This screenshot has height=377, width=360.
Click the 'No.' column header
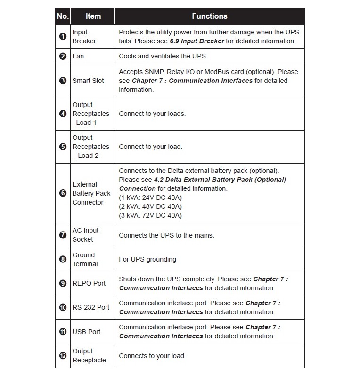tap(63, 16)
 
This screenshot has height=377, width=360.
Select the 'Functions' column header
tap(209, 16)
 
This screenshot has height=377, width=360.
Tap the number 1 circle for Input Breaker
tap(63, 37)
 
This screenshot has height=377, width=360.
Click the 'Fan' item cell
tap(78, 56)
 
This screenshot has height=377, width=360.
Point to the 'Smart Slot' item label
tap(88, 81)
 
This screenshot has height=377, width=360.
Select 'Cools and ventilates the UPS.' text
tap(163, 56)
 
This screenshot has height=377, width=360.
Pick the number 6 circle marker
tap(63, 193)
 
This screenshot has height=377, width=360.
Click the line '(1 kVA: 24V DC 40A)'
tap(150, 197)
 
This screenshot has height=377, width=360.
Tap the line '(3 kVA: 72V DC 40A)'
tap(150, 215)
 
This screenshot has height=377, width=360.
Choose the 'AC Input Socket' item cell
tap(85, 235)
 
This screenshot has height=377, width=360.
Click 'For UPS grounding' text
tap(147, 259)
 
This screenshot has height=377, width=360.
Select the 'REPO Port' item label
tap(89, 283)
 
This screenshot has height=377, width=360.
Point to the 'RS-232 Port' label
tap(91, 307)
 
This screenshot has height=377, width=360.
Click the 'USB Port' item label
tap(86, 332)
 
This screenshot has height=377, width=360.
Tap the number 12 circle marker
tap(63, 356)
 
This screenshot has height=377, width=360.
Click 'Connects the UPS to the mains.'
tap(166, 235)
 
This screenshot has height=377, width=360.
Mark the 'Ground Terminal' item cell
tap(85, 259)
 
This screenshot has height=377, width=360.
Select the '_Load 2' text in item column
tap(86, 156)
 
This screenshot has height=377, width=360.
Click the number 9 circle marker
tap(63, 283)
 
